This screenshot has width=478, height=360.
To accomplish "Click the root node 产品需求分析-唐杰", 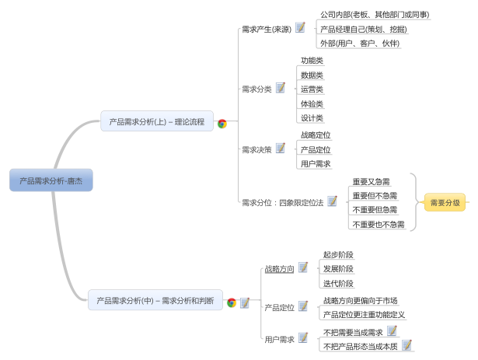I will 51,180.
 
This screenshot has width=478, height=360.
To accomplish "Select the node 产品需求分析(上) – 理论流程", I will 156,121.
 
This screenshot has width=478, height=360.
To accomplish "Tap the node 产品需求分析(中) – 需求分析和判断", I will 155,300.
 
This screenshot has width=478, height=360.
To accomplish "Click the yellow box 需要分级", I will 445,203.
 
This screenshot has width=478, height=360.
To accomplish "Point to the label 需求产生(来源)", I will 267,30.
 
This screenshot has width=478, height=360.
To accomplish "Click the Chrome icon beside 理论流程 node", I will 222,123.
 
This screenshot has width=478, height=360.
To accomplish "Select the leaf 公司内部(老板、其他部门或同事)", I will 375,15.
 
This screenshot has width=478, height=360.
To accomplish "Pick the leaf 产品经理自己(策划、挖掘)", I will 363,30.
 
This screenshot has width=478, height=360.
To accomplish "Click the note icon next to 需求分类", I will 281,88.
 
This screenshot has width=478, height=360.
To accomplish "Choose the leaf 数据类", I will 312,75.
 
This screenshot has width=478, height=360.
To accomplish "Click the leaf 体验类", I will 312,103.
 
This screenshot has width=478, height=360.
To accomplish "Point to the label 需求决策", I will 256,149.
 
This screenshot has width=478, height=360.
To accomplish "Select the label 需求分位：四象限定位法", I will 282,202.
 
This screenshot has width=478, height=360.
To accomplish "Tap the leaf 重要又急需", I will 371,181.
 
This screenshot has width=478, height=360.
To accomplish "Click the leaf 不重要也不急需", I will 378,224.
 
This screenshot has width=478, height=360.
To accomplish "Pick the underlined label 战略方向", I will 279,269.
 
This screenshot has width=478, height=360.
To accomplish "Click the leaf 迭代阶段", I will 338,283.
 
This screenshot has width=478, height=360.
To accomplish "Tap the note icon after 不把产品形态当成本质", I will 406,344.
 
